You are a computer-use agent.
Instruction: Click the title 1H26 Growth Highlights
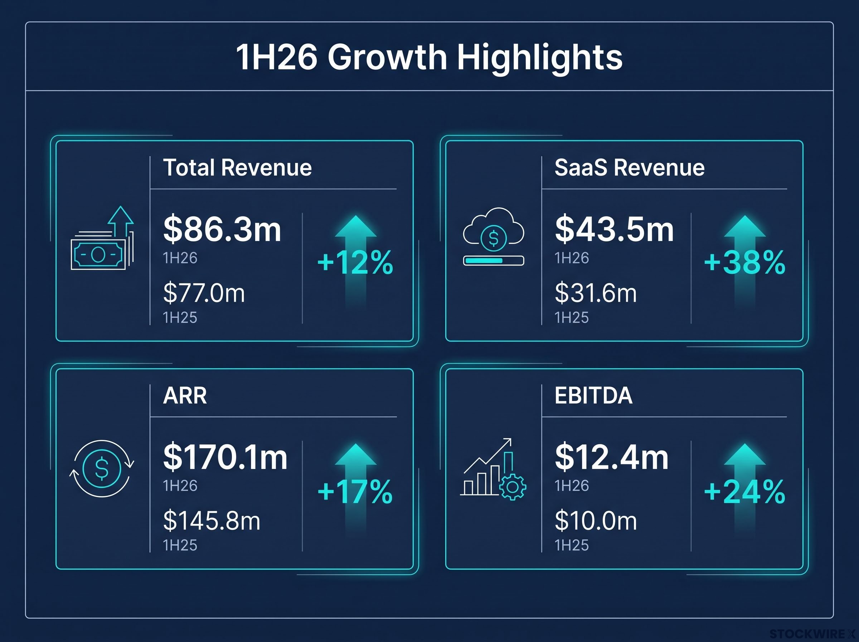click(x=429, y=57)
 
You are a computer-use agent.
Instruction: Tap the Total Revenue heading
click(x=237, y=168)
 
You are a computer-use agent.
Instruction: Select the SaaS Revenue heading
click(x=629, y=168)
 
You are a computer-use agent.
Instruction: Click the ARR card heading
click(x=185, y=396)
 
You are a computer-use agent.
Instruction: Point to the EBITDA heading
click(x=593, y=396)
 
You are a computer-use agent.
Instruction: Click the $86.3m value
click(x=222, y=229)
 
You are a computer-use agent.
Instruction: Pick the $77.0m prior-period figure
click(x=204, y=293)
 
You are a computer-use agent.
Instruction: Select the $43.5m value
click(x=614, y=229)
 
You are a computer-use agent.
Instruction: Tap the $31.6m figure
click(x=596, y=293)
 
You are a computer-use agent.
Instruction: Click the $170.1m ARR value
click(x=225, y=457)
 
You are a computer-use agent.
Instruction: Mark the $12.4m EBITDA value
click(x=612, y=457)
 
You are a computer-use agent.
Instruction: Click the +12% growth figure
click(x=355, y=262)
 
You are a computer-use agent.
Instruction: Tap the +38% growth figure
click(x=744, y=262)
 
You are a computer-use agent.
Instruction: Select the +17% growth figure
click(x=355, y=492)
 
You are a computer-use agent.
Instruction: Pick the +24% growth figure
click(x=744, y=492)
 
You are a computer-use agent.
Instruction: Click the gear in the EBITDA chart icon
click(x=513, y=487)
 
